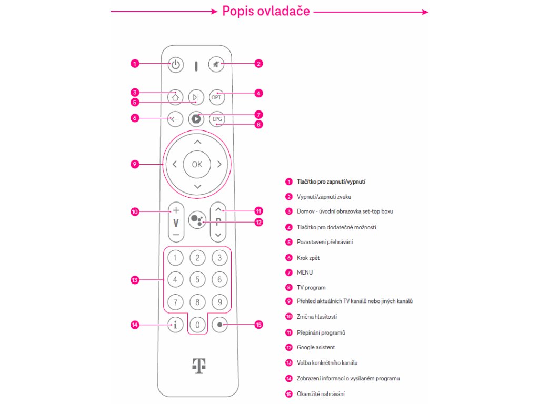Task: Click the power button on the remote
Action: point(176,66)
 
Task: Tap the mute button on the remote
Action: point(216,65)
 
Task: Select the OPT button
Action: point(216,97)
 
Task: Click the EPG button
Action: point(216,119)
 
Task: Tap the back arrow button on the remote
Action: point(175,119)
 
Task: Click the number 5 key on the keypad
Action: point(197,280)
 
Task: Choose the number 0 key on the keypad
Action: point(197,325)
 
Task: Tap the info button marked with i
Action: point(175,325)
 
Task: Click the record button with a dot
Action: point(219,325)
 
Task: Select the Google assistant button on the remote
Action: point(196,220)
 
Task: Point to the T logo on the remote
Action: point(198,366)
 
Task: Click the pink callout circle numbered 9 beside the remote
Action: point(135,165)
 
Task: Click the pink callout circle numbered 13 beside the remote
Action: point(135,280)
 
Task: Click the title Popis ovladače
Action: point(266,11)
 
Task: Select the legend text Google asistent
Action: point(316,348)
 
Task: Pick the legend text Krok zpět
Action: point(308,258)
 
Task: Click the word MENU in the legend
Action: point(305,272)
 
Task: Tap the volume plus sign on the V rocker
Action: point(176,208)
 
